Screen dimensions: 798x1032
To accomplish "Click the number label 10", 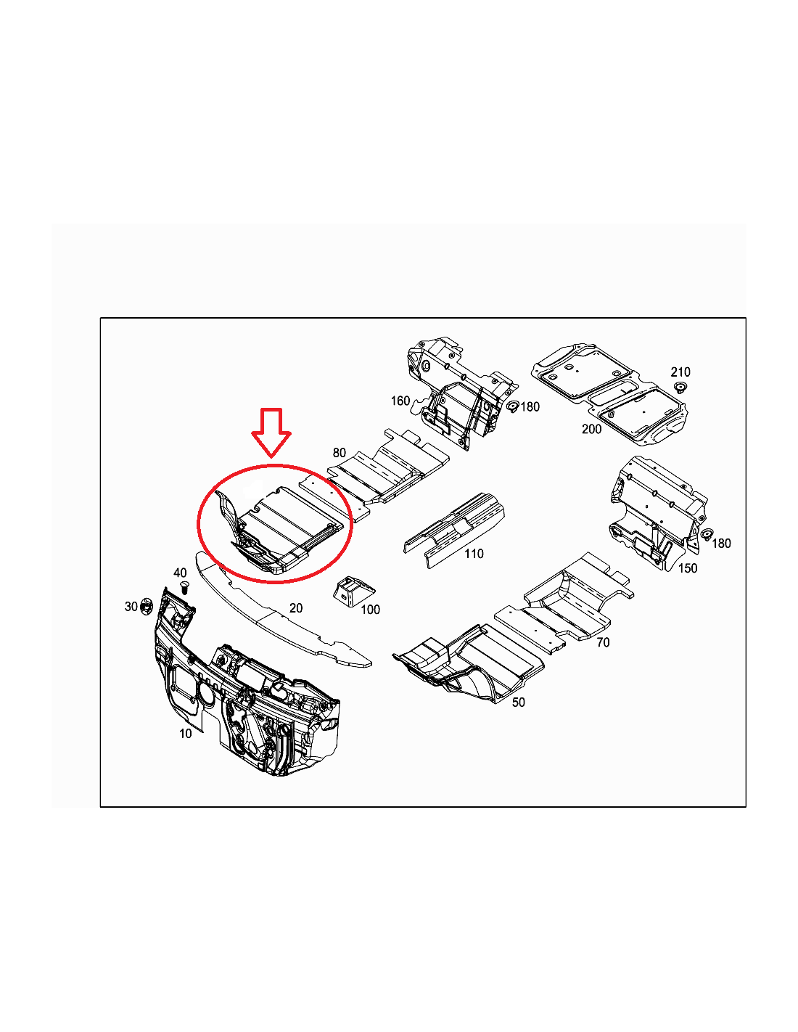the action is [x=185, y=734].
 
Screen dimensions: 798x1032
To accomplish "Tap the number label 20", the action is [x=296, y=608].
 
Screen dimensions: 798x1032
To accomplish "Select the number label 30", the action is [x=131, y=607].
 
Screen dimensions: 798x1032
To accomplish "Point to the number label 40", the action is [x=180, y=573].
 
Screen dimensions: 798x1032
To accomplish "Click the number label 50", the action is [x=519, y=703].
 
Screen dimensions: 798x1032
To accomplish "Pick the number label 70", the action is [x=603, y=642].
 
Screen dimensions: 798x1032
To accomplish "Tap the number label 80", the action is [x=339, y=453].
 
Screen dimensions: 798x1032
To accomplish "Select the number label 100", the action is [x=370, y=610].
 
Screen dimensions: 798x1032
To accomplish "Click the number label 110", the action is [x=474, y=553].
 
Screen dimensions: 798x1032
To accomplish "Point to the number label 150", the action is [x=688, y=568].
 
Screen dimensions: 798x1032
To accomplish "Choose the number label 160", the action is [x=400, y=401].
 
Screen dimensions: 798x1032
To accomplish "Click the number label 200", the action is [x=591, y=429].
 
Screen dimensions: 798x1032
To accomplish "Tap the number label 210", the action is [x=680, y=372].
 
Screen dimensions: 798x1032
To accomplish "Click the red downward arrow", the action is [x=271, y=433].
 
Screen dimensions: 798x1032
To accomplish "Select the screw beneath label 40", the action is [x=185, y=587].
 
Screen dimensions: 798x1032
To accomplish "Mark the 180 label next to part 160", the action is [x=530, y=406].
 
